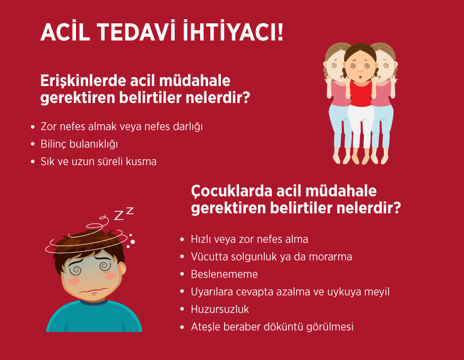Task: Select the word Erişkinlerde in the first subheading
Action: (x=83, y=81)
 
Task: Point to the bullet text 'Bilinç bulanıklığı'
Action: (x=79, y=144)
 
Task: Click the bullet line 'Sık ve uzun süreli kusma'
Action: (x=99, y=161)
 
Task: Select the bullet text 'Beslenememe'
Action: (x=225, y=274)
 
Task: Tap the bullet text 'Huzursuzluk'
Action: (x=220, y=309)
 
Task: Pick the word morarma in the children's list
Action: (x=330, y=256)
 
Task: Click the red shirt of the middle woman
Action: (x=360, y=93)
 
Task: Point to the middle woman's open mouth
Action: (x=360, y=78)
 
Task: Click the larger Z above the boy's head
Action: (x=119, y=216)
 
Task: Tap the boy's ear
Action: (x=122, y=269)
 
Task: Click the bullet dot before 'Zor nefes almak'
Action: (x=32, y=127)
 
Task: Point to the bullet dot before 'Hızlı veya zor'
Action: (x=182, y=239)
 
